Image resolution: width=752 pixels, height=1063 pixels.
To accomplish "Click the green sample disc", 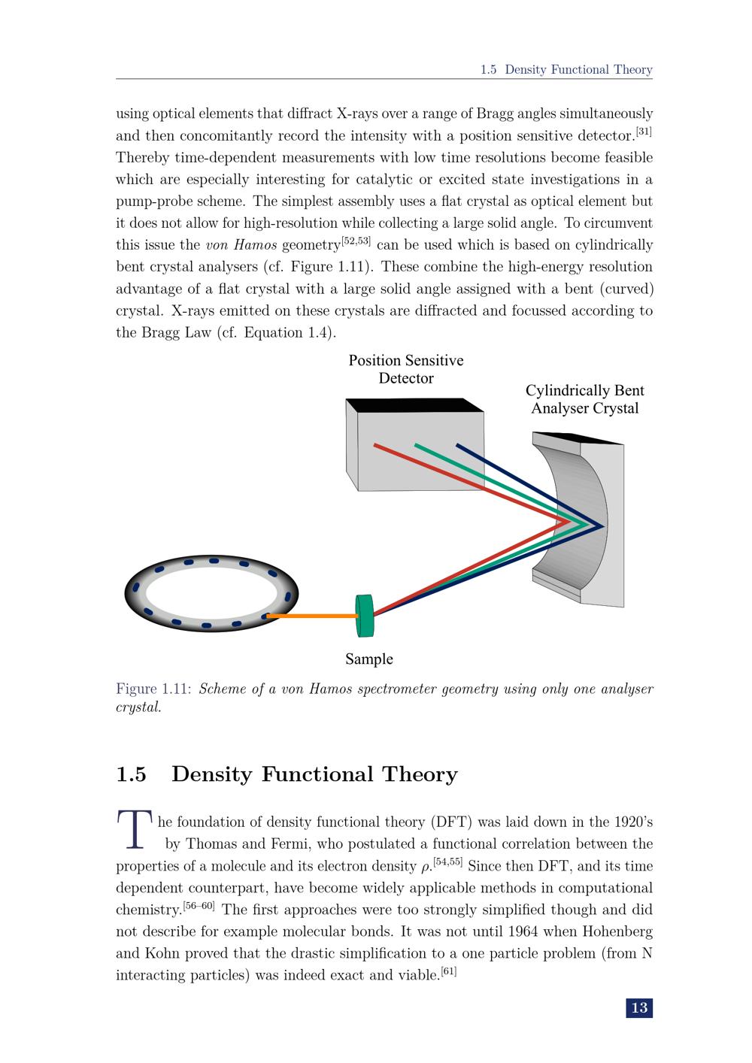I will tap(365, 616).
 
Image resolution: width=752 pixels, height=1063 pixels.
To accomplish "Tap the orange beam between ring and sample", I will tap(312, 616).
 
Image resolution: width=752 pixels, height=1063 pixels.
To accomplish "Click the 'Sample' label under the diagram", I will tap(368, 659).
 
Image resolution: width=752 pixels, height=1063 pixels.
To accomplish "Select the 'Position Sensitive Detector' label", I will tap(406, 369).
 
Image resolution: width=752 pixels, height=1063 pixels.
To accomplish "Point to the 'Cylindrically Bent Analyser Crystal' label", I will tap(584, 399).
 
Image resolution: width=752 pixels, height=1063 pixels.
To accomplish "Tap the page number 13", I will tap(638, 1008).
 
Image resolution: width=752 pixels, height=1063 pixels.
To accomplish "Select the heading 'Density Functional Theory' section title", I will tap(314, 774).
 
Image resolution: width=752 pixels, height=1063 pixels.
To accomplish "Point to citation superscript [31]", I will tap(644, 132).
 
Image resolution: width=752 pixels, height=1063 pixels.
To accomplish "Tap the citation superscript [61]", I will tap(448, 972).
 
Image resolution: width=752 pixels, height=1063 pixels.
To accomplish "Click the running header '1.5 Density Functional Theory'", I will tap(566, 70).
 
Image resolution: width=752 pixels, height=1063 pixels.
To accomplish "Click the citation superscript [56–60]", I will tap(199, 906).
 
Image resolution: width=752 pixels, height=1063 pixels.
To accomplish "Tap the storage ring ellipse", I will tap(211, 594).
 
